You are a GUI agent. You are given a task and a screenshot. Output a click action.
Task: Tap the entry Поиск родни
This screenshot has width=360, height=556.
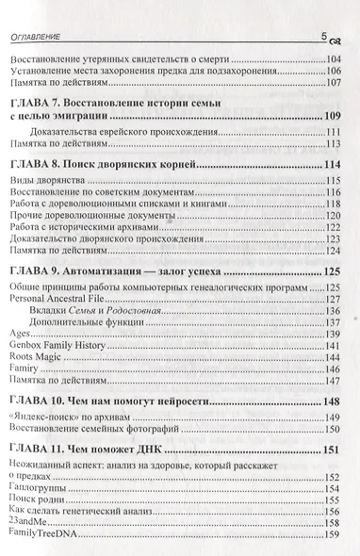coord(39,524)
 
